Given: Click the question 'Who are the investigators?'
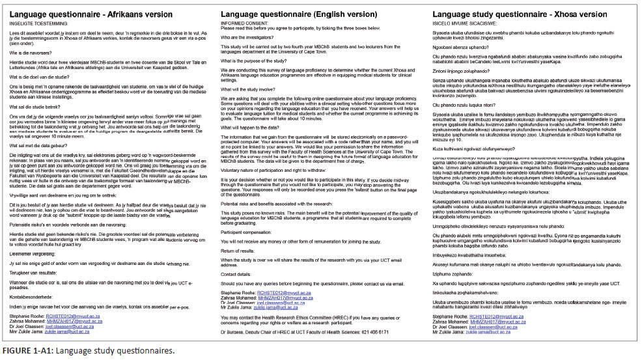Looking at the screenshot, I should coord(253,38).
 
